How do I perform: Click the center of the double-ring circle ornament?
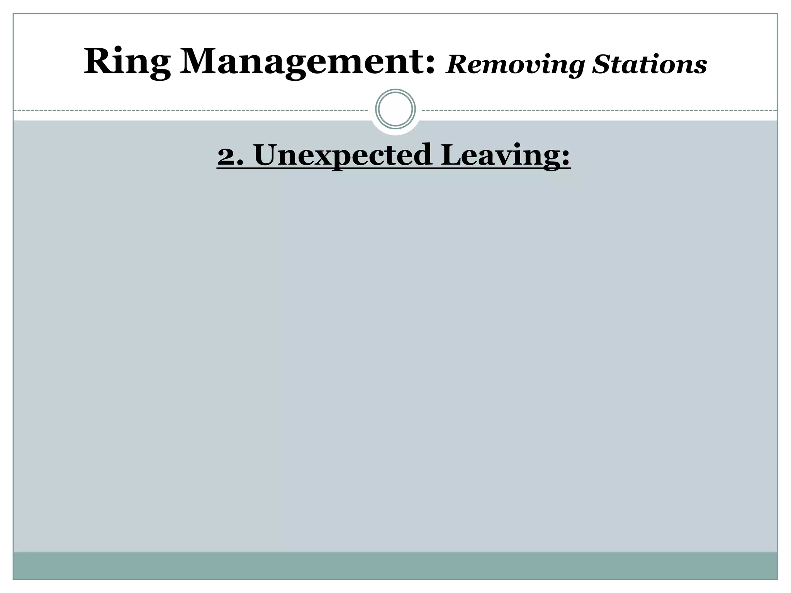pos(395,109)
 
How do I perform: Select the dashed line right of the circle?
pos(599,110)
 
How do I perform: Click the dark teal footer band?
pos(395,566)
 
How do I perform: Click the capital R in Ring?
pos(97,62)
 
